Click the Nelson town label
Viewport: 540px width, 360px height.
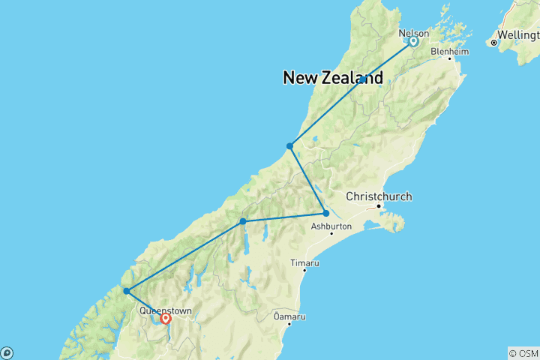tap(414, 33)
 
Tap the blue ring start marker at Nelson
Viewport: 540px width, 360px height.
tap(412, 41)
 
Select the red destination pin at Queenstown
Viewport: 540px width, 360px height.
tap(166, 319)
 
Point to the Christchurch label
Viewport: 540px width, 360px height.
tap(379, 196)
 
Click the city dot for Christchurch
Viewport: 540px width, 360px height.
tap(379, 205)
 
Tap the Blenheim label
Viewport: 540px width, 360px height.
tap(450, 52)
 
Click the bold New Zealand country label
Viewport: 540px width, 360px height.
tap(333, 77)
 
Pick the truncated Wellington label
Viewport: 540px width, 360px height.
tap(518, 34)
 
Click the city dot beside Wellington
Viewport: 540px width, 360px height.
tap(493, 43)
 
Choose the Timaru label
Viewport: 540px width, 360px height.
tap(305, 263)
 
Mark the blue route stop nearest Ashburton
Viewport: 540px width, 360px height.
tap(325, 213)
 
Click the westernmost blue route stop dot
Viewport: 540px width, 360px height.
tap(127, 291)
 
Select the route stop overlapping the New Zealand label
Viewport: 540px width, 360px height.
tap(362, 79)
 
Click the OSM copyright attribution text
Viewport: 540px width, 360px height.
tap(523, 353)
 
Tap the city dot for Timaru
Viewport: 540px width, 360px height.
tap(303, 271)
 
